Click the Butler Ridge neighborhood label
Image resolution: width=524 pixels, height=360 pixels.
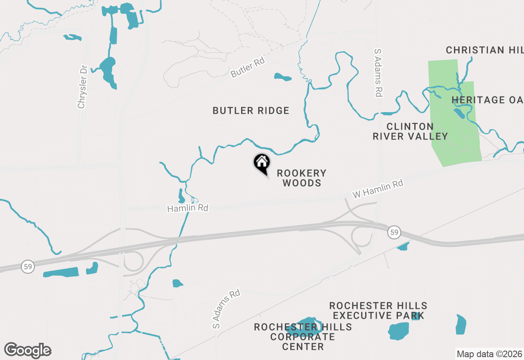coord(251,110)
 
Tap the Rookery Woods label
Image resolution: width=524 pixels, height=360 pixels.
coord(302,178)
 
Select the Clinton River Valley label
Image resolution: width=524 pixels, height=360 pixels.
coord(410,131)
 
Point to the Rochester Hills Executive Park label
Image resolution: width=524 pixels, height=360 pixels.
coord(378,310)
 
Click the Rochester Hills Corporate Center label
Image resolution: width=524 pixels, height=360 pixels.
coord(303,337)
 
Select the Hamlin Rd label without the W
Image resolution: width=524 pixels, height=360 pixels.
coord(187,208)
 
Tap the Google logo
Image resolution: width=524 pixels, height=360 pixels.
coord(27,350)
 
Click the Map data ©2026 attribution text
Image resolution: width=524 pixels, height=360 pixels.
coord(489,354)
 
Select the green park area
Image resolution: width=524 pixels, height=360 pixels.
coord(454,123)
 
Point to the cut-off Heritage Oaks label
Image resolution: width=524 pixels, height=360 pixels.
coord(487,100)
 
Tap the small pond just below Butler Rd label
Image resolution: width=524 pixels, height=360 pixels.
coord(283,77)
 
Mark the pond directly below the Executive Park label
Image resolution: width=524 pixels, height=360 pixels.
coord(398,331)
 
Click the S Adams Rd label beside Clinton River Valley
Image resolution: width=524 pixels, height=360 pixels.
coord(378,73)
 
